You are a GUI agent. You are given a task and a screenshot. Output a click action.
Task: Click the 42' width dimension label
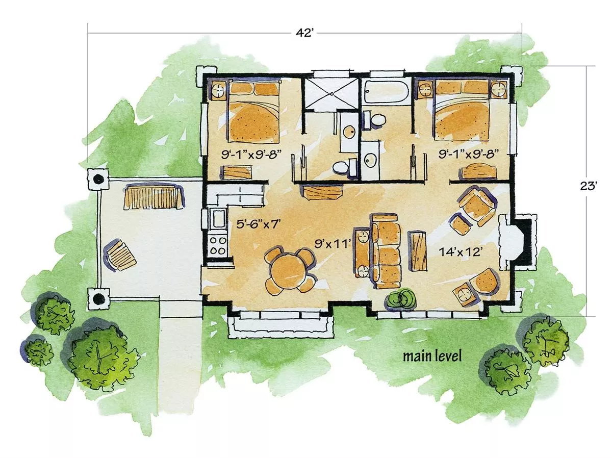(303, 33)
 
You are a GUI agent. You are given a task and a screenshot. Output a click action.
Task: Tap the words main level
(432, 357)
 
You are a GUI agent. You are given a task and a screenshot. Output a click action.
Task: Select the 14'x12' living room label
(461, 252)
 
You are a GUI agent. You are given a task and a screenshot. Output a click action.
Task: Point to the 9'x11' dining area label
(333, 244)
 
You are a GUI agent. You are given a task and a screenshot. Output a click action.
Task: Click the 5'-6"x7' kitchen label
(257, 224)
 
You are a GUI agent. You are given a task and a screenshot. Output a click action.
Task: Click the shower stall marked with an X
(330, 95)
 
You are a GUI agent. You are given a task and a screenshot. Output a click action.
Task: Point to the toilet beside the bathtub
(375, 120)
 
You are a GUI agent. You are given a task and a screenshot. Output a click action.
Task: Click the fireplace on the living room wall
(517, 242)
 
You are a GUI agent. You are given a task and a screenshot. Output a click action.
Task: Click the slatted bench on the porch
(154, 196)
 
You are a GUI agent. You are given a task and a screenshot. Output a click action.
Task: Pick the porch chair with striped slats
(120, 255)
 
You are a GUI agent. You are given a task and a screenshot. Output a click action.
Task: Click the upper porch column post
(98, 179)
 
